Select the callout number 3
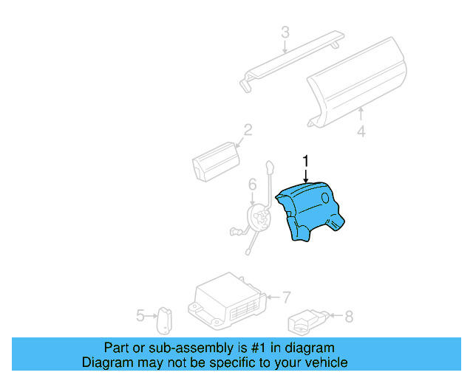pos(285,32)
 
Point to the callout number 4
pos(361,132)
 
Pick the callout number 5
pos(140,316)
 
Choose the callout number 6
pos(251,184)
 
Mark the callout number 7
pos(287,297)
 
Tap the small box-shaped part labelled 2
pos(214,162)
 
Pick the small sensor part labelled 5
pos(163,320)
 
